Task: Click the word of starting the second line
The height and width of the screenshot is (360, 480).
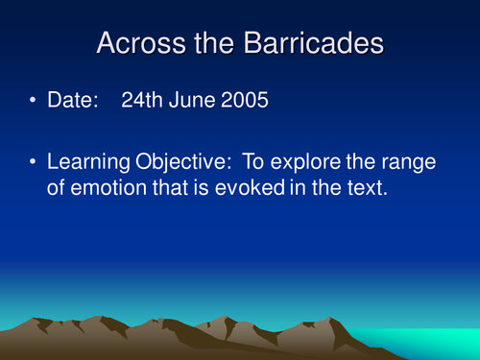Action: click(x=57, y=188)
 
